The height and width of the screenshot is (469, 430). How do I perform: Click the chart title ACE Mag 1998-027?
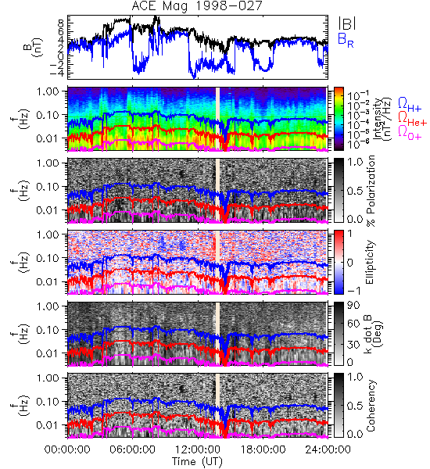pos(197,6)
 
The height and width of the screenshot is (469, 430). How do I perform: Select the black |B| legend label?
pos(347,23)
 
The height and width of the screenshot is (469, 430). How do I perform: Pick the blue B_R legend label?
pos(346,40)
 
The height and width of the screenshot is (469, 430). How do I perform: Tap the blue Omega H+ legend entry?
pos(410,105)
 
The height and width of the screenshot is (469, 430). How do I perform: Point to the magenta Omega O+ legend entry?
pos(410,133)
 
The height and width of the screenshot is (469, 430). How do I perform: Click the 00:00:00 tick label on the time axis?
pos(67,449)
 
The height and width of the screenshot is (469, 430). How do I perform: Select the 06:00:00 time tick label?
pos(133,449)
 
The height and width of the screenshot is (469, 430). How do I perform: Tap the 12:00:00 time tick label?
pos(198,449)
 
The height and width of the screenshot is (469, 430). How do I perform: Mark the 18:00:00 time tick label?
pos(263,449)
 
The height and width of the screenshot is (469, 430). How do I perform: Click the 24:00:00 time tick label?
pos(328,449)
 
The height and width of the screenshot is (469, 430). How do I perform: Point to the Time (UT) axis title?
pos(197,462)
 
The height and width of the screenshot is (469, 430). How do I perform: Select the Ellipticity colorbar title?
pos(370,262)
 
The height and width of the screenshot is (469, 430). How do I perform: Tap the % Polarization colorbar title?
pos(371,191)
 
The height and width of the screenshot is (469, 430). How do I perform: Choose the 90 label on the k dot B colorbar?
pos(353,306)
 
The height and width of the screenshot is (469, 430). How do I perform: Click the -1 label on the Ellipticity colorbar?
pos(353,291)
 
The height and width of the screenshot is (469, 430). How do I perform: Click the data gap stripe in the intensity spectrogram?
pos(217,119)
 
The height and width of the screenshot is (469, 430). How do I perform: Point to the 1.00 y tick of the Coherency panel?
pos(48,378)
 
